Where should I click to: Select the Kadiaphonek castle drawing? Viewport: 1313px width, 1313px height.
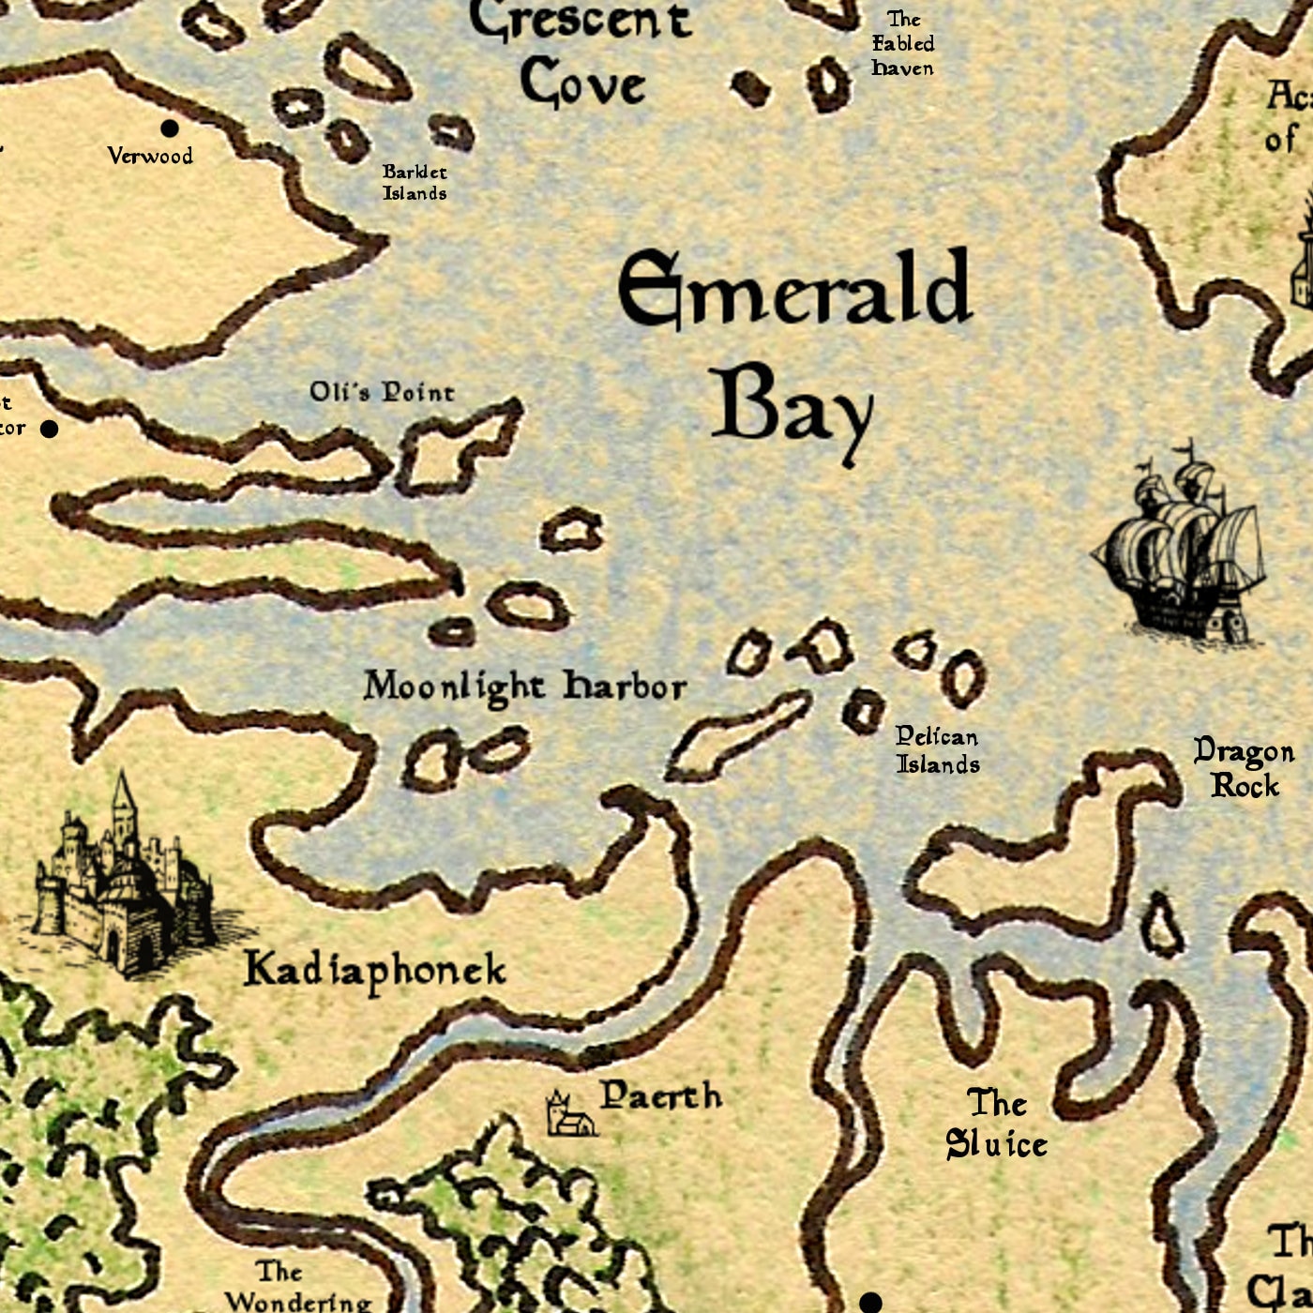point(117,882)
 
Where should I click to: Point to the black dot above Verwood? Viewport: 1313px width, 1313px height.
point(170,128)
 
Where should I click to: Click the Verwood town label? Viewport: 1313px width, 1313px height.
point(150,156)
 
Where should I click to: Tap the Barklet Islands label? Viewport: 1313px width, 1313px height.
point(415,183)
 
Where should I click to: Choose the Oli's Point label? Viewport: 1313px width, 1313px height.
point(382,392)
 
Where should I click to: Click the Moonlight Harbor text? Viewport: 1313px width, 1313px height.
point(524,687)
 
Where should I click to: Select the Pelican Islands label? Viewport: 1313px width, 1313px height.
point(937,750)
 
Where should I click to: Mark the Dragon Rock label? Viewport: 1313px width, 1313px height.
point(1244,768)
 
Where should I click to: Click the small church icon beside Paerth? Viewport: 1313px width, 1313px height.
point(570,1115)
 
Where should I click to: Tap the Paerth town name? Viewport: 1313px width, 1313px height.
point(660,1095)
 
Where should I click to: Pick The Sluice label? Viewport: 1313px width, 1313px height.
point(996,1124)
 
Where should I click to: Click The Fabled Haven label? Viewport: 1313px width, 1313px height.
point(902,44)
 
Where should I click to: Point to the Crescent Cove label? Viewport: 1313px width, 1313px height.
point(581,54)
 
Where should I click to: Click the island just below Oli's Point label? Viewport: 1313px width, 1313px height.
point(457,447)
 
